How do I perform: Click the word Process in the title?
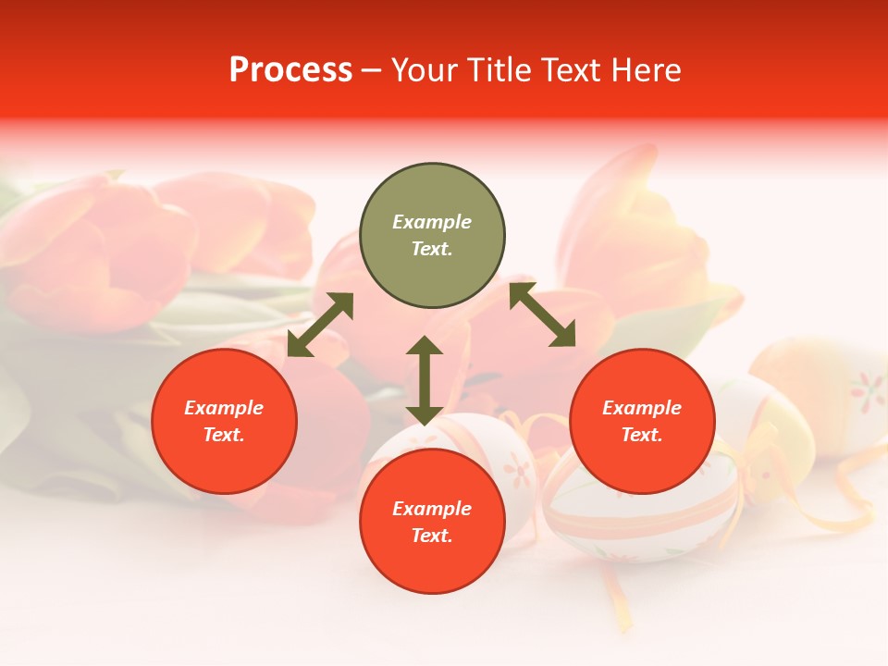[x=290, y=70]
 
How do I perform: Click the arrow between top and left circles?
[x=320, y=325]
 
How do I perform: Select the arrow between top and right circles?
[x=543, y=314]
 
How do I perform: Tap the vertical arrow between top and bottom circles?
[x=425, y=380]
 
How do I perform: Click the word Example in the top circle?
[x=432, y=222]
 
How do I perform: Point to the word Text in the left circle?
[x=224, y=435]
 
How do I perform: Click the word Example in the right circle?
[x=642, y=408]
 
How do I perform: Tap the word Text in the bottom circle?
[x=432, y=536]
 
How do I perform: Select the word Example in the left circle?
[x=224, y=408]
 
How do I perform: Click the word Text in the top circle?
[x=432, y=249]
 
